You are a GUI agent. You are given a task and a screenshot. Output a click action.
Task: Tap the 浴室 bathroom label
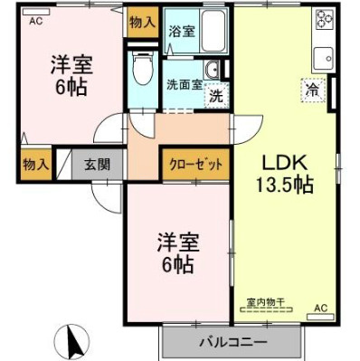coord(181,31)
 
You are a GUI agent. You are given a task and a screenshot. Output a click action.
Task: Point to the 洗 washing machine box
coord(216,93)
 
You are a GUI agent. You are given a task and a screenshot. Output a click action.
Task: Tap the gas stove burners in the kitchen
coord(323,24)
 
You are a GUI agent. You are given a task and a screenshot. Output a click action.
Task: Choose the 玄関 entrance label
coord(98,165)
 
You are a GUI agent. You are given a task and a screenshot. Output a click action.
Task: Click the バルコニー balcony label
coord(232,344)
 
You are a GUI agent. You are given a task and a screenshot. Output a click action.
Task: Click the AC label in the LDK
coord(320,309)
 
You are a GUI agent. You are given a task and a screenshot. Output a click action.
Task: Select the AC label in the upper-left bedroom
coord(35,21)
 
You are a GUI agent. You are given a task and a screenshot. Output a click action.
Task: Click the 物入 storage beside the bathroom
coord(142,20)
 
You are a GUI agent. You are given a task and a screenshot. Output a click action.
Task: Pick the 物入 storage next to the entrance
coord(33,165)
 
